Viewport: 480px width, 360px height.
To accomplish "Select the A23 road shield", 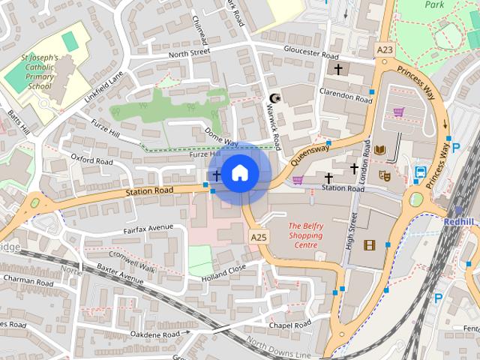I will tap(384, 49).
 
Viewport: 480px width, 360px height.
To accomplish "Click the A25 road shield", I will tap(258, 237).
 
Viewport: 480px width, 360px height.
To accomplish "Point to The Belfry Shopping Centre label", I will tap(306, 235).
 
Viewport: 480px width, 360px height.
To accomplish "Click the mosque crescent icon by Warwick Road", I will tap(274, 98).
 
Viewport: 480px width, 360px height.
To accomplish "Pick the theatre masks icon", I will tap(384, 175).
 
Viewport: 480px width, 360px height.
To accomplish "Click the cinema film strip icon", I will tap(369, 244).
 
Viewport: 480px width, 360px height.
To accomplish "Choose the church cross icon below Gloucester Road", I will tap(338, 70).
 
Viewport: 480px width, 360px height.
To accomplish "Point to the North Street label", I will tap(190, 54).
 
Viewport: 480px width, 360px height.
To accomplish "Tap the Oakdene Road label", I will tap(154, 334).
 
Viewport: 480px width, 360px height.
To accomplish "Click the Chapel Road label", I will tap(290, 325).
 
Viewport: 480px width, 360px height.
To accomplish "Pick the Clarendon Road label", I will tap(346, 98).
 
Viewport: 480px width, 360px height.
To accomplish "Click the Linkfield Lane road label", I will tap(103, 88).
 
